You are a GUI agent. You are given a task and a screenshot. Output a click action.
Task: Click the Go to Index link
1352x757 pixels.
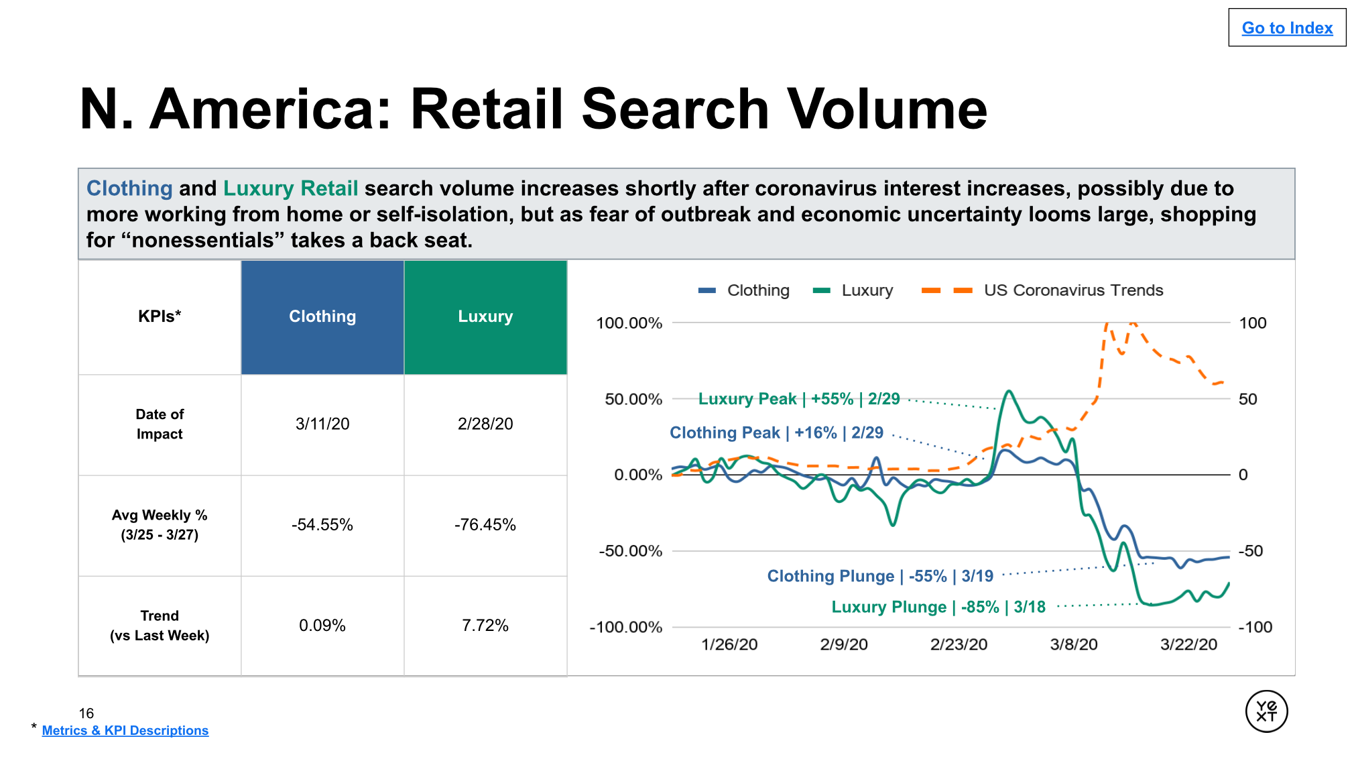[1287, 28]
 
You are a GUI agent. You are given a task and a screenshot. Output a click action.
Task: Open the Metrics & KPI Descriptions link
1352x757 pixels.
[125, 730]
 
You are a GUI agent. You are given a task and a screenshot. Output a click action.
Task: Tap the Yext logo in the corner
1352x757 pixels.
[1266, 711]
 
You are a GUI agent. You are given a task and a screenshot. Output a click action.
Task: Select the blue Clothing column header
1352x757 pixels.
[322, 317]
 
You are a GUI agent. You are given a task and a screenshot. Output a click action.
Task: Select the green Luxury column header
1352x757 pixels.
[485, 317]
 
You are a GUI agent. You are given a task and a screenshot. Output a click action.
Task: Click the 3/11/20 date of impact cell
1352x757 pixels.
[322, 424]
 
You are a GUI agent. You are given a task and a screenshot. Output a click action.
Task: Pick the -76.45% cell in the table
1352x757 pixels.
[485, 524]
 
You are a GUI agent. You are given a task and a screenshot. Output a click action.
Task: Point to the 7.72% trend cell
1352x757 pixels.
[485, 626]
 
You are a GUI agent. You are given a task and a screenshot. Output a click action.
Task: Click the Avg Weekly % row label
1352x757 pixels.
[160, 524]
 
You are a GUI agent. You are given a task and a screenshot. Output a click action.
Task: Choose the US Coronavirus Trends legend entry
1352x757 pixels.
[1042, 290]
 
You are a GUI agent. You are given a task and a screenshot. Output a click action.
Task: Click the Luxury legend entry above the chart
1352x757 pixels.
[853, 290]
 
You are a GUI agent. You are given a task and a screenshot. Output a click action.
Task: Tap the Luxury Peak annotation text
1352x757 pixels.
[799, 399]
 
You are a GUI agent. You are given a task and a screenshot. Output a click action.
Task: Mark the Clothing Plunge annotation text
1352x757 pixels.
[880, 576]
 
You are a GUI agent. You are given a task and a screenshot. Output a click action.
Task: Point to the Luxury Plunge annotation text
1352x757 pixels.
[938, 607]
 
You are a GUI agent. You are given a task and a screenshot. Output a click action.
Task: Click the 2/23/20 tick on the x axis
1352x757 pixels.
[959, 644]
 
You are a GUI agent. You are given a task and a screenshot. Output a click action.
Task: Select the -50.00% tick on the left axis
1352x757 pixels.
[630, 551]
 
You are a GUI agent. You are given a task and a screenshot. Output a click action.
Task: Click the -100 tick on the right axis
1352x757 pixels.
[1255, 627]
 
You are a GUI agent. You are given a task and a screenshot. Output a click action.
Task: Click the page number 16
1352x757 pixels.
[86, 713]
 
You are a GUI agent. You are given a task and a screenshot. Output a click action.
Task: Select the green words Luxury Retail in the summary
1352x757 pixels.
[290, 188]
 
